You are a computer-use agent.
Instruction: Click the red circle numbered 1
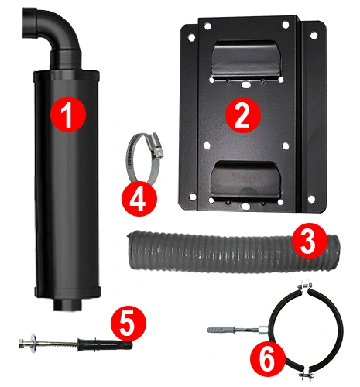67,114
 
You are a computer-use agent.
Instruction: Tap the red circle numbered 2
243,115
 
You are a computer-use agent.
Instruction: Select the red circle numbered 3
310,241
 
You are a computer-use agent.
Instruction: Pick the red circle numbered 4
139,198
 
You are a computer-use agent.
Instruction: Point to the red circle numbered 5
129,324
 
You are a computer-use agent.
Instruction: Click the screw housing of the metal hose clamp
155,146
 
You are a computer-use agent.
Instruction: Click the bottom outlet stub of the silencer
67,304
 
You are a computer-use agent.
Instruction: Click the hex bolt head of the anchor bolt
22,344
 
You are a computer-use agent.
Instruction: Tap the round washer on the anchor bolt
33,344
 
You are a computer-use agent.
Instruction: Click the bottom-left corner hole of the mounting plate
192,197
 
